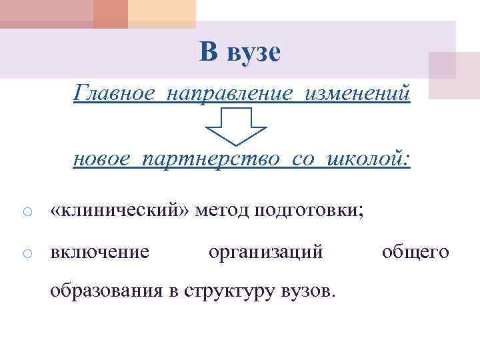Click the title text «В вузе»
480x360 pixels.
[240, 52]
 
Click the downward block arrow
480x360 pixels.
[235, 126]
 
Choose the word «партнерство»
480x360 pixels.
[206, 159]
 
